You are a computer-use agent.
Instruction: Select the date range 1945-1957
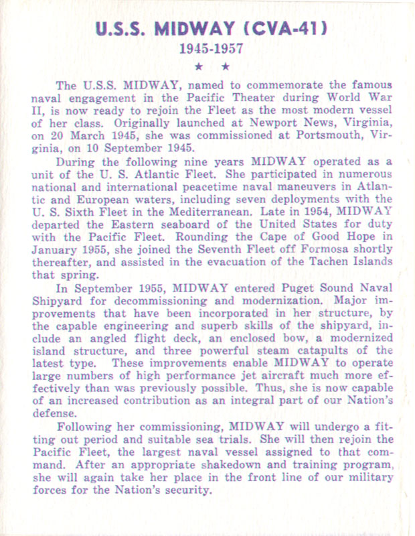point(208,49)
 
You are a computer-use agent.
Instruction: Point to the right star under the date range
point(226,66)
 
